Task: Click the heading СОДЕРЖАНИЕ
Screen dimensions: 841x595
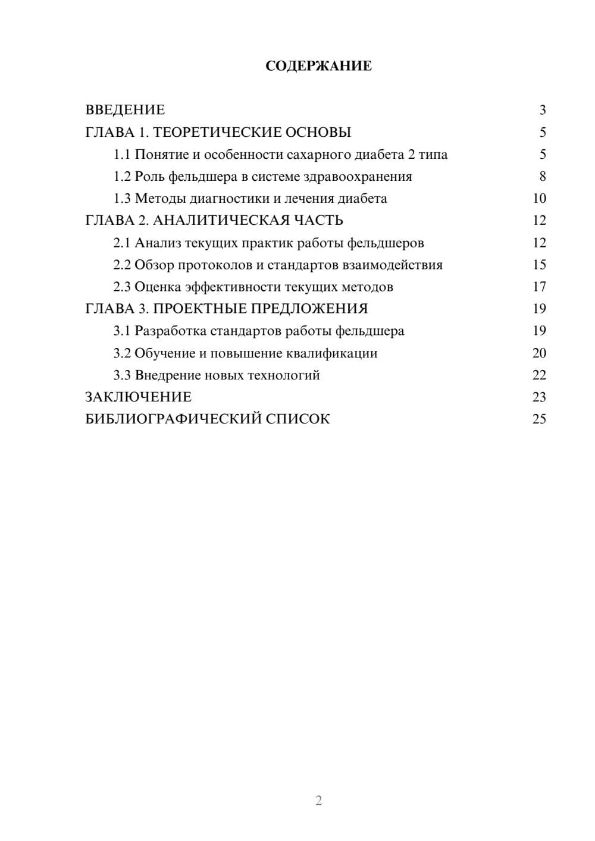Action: tap(318, 66)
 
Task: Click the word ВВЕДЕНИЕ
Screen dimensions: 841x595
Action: tap(125, 110)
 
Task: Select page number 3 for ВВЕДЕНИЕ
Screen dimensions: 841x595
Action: tap(542, 110)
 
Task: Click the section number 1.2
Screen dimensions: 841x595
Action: tap(122, 177)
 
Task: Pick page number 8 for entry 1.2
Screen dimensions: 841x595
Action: tap(542, 177)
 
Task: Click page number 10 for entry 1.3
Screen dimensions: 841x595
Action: tap(539, 199)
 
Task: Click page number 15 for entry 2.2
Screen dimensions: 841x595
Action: tap(539, 265)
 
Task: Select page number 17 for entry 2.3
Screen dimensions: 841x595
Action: tap(539, 287)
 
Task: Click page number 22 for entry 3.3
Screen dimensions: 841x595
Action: tap(539, 375)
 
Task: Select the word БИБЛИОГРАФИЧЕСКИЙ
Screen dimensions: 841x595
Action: tap(173, 419)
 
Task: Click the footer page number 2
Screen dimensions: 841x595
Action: tap(318, 801)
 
